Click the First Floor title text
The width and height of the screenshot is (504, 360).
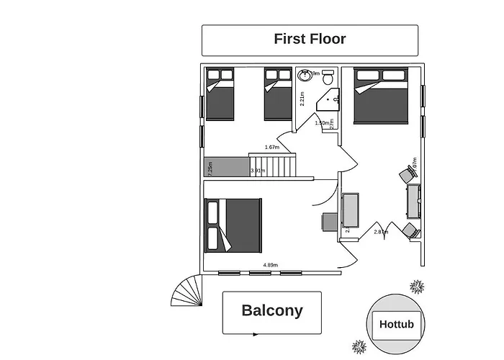coord(310,39)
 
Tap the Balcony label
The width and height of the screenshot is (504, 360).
coord(271,311)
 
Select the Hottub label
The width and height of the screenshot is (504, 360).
coord(396,325)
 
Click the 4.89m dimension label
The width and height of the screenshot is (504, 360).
coord(270,265)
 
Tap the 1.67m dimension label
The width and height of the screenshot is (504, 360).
coord(271,148)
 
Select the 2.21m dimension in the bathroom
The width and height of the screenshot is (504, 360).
coord(302,99)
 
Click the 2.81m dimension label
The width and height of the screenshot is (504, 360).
coord(381,232)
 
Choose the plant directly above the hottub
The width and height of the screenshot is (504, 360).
coord(416,287)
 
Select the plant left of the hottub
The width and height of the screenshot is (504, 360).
coord(359,348)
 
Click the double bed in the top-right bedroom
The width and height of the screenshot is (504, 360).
coord(381,95)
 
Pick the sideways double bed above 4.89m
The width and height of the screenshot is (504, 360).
coord(233,225)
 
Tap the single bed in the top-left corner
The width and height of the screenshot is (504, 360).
coord(220,94)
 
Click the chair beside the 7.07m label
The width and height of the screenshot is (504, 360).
coord(408,173)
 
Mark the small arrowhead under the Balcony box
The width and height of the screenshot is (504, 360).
coord(256,334)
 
